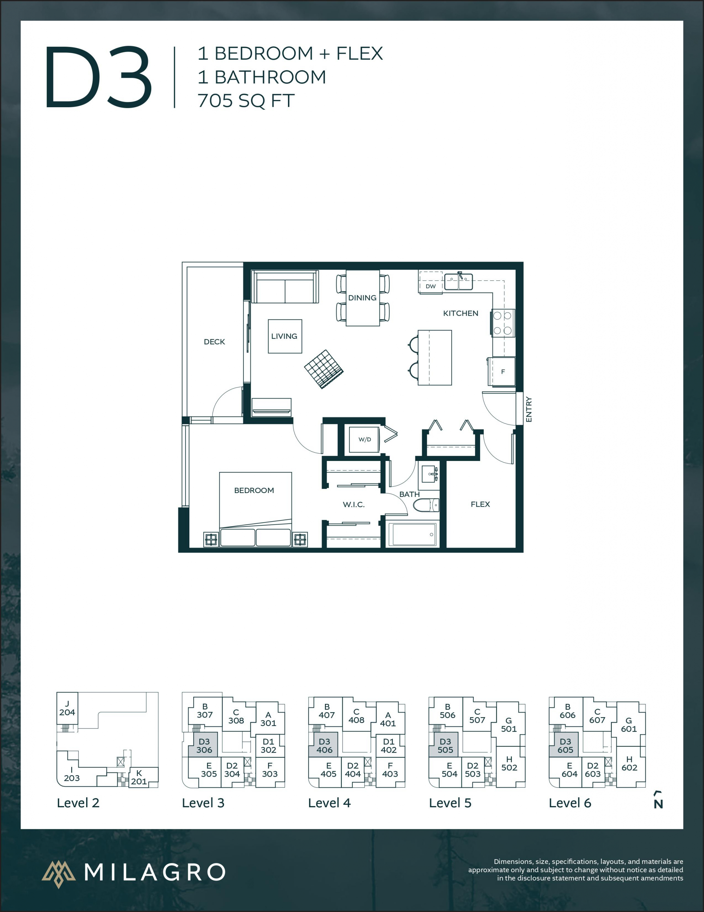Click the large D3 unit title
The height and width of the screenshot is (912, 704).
pyautogui.click(x=99, y=78)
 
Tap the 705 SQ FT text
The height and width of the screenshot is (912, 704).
pyautogui.click(x=246, y=100)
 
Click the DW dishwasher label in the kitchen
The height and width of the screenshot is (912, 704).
pyautogui.click(x=430, y=286)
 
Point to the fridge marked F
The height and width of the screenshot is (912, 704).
pyautogui.click(x=503, y=371)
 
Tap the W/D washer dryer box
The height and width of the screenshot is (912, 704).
pyautogui.click(x=364, y=439)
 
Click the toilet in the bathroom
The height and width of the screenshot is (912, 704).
pyautogui.click(x=426, y=505)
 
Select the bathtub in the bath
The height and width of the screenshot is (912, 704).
pyautogui.click(x=414, y=534)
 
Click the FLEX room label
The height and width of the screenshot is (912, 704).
pyautogui.click(x=480, y=504)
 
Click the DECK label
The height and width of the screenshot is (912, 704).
pyautogui.click(x=214, y=342)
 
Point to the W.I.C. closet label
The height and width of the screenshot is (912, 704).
pyautogui.click(x=353, y=504)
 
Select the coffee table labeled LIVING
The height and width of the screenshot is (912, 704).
pyautogui.click(x=285, y=336)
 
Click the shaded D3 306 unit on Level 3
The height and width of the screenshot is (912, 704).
pyautogui.click(x=203, y=745)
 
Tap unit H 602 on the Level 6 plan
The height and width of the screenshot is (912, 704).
pyautogui.click(x=629, y=763)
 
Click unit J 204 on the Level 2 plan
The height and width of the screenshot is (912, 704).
pyautogui.click(x=67, y=708)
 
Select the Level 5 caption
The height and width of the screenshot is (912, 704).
pyautogui.click(x=450, y=803)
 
